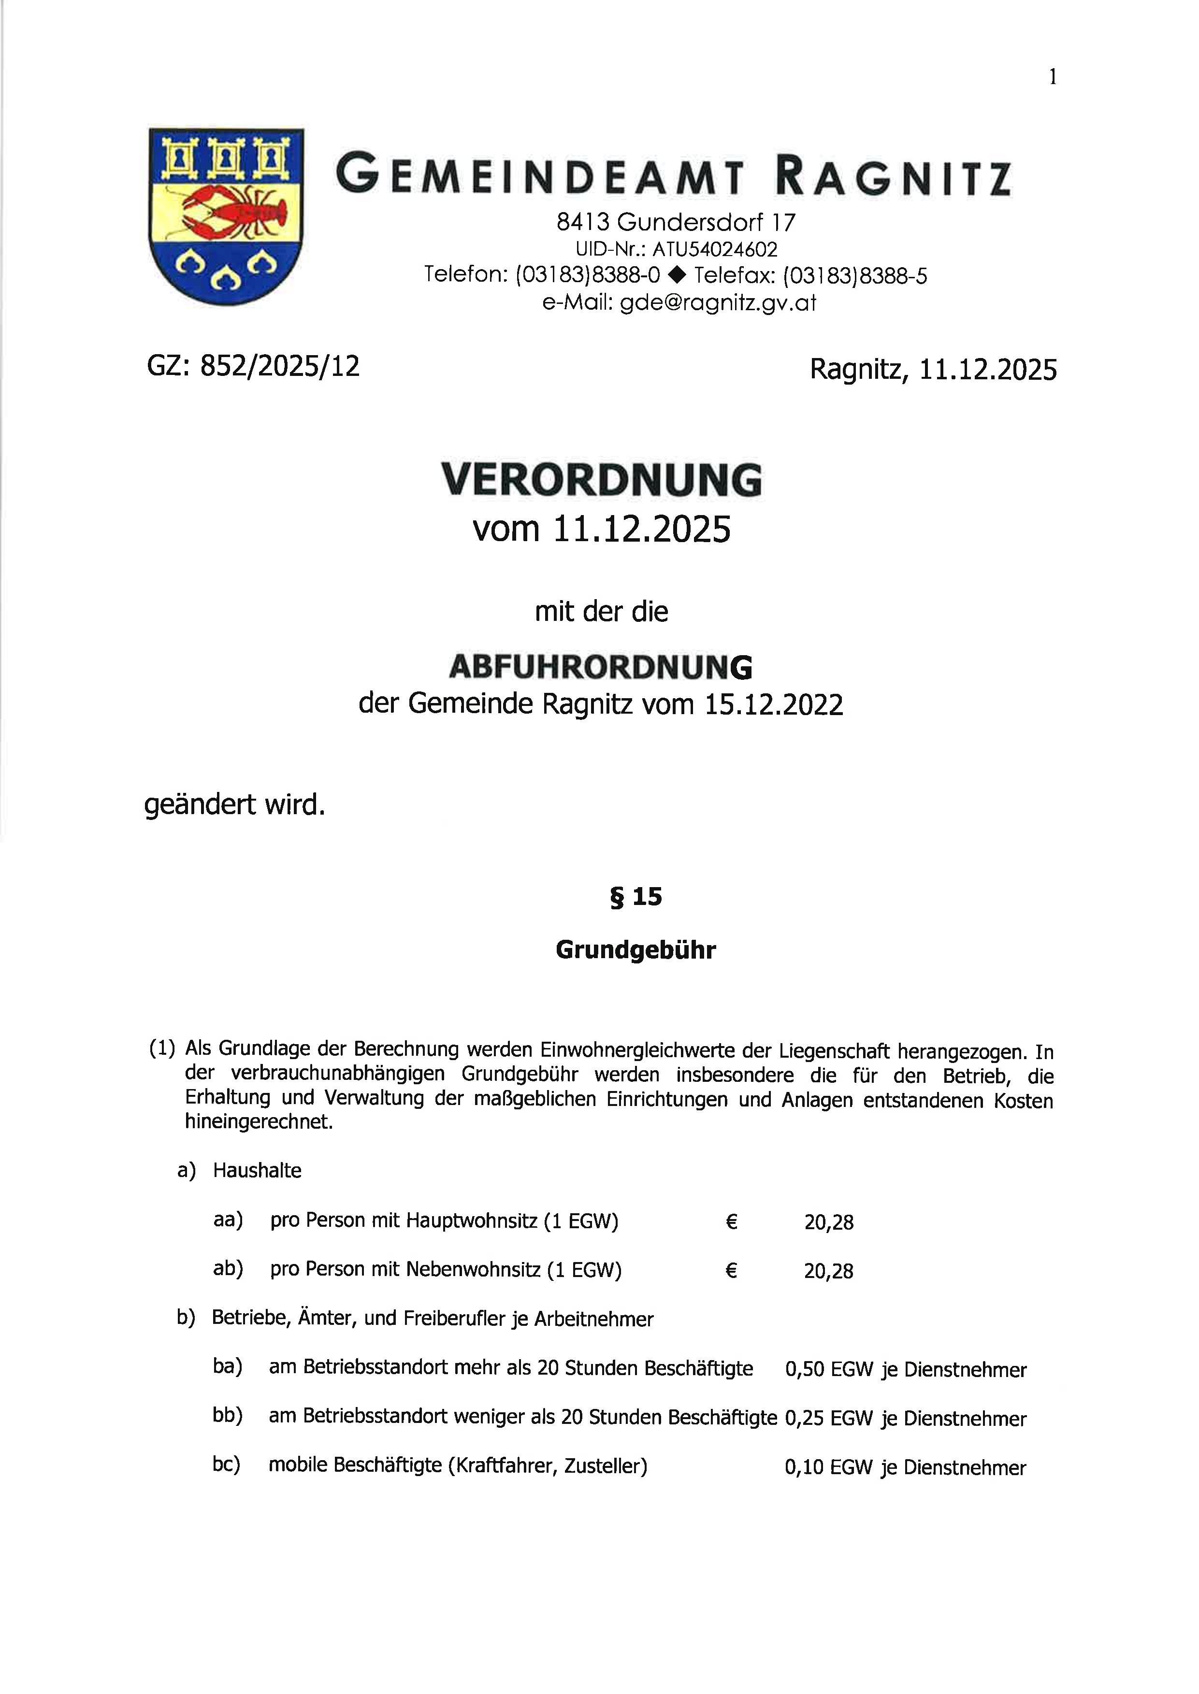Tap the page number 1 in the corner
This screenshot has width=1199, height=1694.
1053,77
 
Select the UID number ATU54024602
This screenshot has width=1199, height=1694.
715,249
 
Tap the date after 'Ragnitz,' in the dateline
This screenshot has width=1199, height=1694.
988,369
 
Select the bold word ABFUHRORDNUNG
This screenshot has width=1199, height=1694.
601,667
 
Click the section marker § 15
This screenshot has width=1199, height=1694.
636,897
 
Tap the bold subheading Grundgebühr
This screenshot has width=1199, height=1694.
636,950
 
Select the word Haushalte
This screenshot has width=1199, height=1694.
257,1171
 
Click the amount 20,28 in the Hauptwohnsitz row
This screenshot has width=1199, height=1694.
828,1222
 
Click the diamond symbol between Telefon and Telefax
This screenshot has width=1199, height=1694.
676,276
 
